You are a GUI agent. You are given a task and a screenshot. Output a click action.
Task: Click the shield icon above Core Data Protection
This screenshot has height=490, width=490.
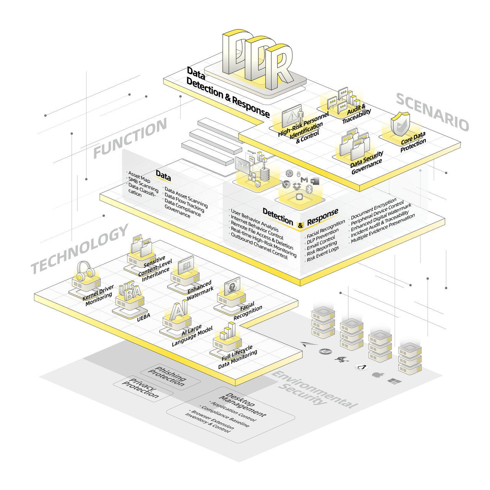(400, 123)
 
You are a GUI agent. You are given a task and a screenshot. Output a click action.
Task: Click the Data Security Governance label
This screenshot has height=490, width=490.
(367, 163)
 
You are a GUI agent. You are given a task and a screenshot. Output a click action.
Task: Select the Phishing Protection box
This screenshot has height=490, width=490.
(167, 376)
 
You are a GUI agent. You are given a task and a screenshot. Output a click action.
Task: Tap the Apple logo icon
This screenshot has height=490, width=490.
(377, 374)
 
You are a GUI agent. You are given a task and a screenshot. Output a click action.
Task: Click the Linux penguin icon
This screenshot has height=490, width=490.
(360, 367)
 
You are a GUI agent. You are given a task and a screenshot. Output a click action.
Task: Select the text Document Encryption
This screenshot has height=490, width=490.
(373, 209)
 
